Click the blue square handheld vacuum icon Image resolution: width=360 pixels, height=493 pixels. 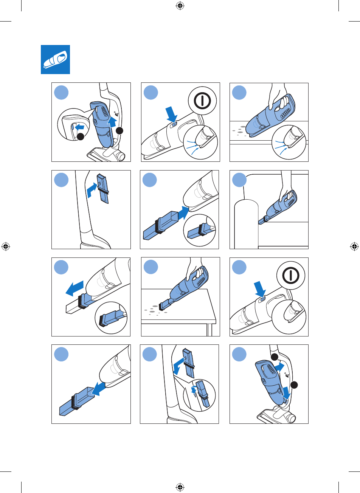pyautogui.click(x=56, y=59)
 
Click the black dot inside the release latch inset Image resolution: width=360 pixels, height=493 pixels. pyautogui.click(x=80, y=137)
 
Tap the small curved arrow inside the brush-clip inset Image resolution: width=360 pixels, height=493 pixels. pyautogui.click(x=194, y=391)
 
